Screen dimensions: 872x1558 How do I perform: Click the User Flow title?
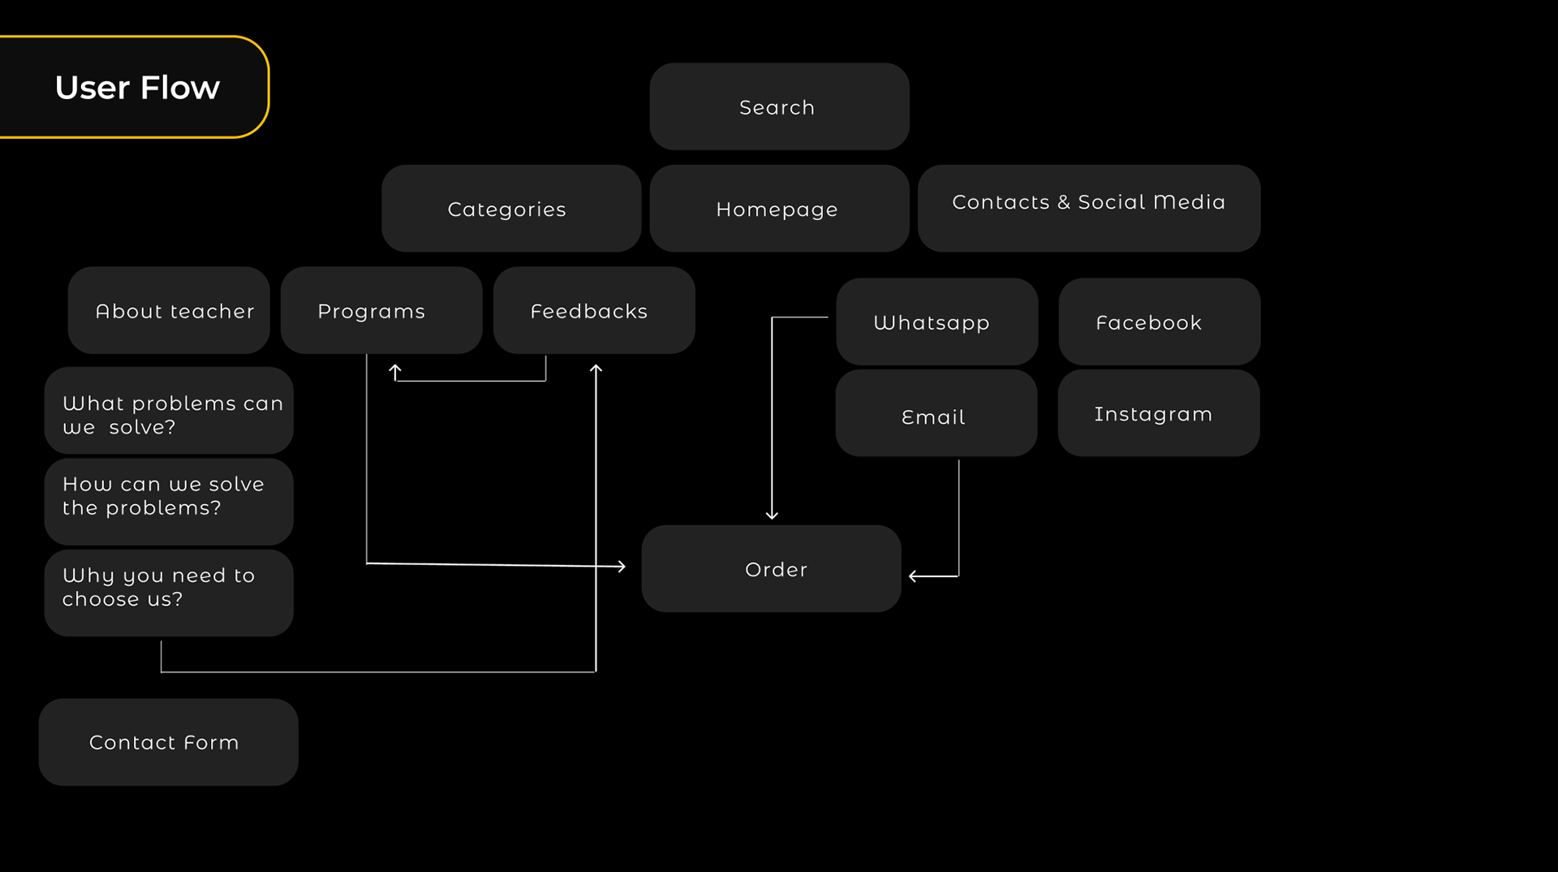(137, 88)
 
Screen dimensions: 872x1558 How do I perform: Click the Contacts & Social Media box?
(1088, 208)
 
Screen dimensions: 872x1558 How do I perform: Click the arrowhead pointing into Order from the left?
(621, 567)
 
